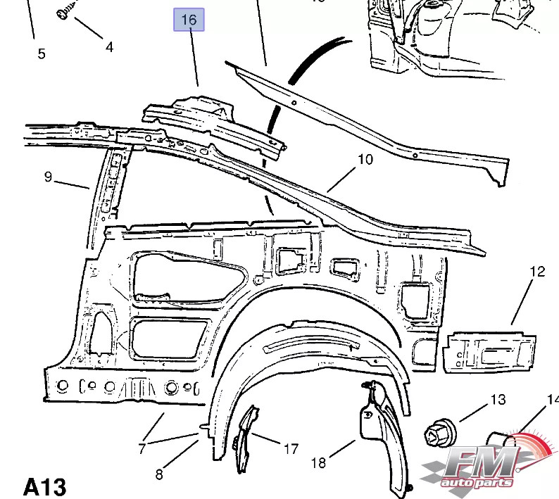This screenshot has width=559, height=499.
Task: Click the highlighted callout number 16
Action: click(189, 20)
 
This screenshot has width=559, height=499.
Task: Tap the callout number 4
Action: click(109, 47)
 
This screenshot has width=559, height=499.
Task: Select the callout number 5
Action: click(42, 53)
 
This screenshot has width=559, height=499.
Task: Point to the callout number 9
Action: click(48, 177)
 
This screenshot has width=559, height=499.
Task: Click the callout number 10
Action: click(365, 160)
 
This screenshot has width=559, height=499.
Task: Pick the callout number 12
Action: click(537, 272)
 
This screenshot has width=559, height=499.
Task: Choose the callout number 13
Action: click(498, 400)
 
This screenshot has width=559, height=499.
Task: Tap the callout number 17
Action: click(291, 448)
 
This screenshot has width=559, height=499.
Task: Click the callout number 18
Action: click(318, 462)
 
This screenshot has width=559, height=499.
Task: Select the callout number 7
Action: click(142, 448)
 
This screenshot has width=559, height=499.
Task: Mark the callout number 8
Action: click(159, 474)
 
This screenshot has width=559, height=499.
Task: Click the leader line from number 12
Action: click(523, 303)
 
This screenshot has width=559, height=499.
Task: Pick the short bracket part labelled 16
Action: click(211, 120)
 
